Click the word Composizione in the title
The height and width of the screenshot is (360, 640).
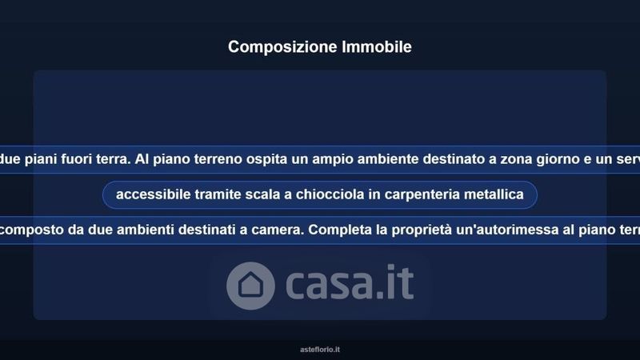click(282, 47)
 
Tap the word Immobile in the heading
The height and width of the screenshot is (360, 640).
click(376, 46)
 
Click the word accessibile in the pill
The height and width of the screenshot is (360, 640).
click(154, 194)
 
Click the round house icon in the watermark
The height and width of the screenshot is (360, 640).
click(250, 286)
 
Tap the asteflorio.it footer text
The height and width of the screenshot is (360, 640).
click(320, 350)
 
